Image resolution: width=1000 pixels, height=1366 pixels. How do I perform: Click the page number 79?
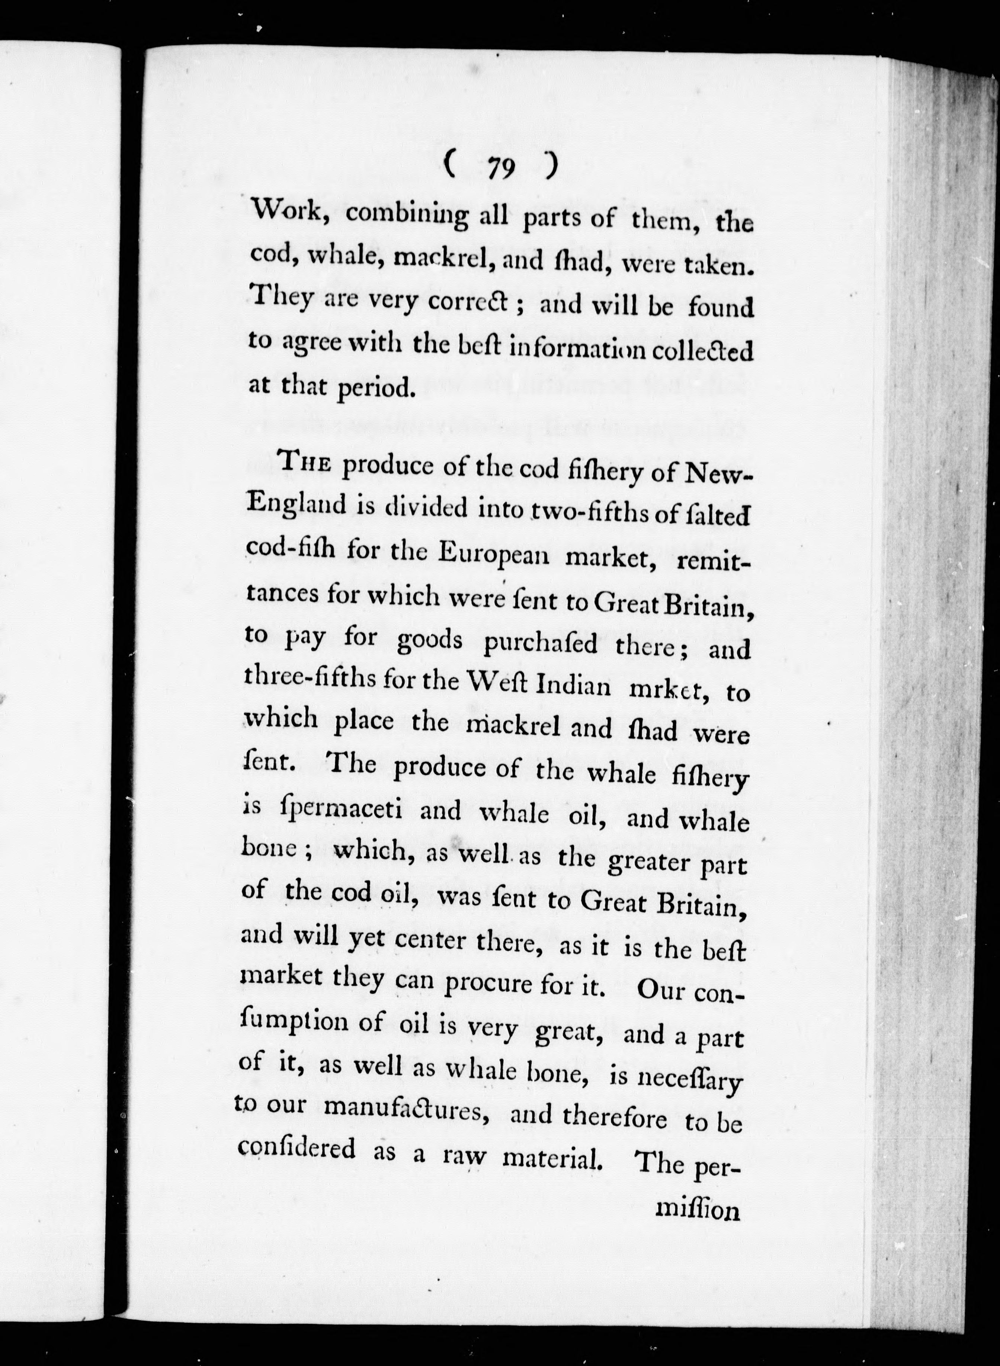(500, 168)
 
